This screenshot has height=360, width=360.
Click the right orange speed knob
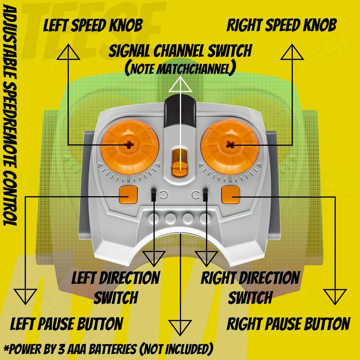click(230, 144)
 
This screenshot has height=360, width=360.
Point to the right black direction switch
click(206, 195)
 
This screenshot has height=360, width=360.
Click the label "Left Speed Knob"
click(93, 25)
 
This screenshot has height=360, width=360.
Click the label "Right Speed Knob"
click(282, 25)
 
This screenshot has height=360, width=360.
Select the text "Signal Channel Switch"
click(180, 51)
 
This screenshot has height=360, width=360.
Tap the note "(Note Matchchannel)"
click(180, 68)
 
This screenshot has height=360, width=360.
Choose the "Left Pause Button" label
click(67, 323)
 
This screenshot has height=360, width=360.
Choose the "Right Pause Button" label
click(288, 324)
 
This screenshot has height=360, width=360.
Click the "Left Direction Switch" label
click(116, 287)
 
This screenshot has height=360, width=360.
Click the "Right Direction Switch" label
click(250, 287)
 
